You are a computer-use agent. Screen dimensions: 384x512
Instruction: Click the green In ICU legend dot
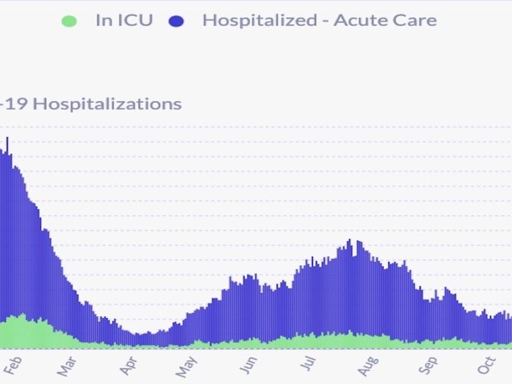tap(68, 21)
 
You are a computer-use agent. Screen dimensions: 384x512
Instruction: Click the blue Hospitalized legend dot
tap(176, 21)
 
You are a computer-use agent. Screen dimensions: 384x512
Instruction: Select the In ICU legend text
tap(124, 20)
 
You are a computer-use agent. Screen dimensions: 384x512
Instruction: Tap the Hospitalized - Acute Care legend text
tap(319, 20)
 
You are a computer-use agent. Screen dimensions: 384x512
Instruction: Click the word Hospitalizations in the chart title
tap(107, 104)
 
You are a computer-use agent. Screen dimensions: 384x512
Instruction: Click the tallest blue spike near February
tap(7, 138)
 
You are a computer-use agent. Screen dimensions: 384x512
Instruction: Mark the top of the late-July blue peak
tap(349, 241)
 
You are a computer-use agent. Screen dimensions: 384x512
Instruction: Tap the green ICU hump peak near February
tap(23, 315)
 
